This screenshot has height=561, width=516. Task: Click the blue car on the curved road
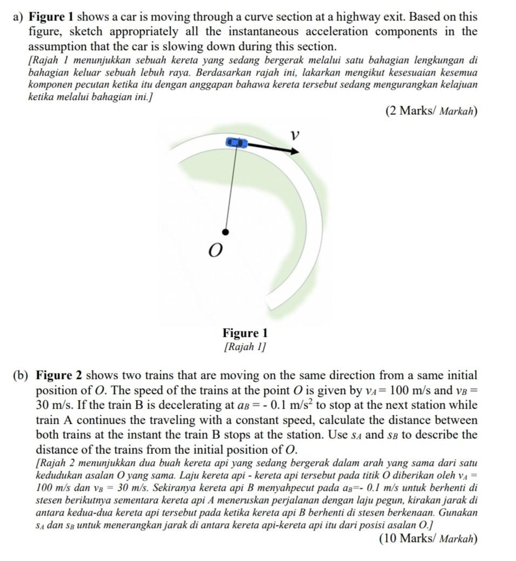coord(236,143)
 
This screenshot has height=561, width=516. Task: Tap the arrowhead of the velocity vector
coord(294,151)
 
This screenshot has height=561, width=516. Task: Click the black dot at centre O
coord(226,232)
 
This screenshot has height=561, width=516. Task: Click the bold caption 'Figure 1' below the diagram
coord(245,333)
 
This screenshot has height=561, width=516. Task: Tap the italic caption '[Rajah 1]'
coord(245,346)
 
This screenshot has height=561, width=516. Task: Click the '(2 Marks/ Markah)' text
coord(431,112)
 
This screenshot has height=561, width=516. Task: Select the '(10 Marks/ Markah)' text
coord(428,538)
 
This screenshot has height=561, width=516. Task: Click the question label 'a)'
coord(18,17)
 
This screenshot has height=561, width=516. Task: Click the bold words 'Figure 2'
coord(59,375)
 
